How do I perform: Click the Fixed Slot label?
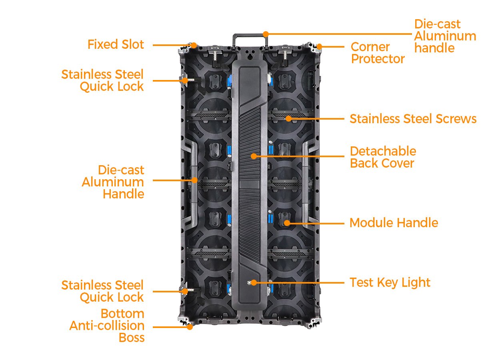(x=116, y=44)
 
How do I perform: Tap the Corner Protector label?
(x=378, y=53)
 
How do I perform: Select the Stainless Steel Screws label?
(x=413, y=119)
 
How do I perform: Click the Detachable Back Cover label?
(x=383, y=157)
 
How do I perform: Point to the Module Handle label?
(x=394, y=223)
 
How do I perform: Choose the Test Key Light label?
(x=390, y=282)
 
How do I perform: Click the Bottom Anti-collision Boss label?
(x=107, y=326)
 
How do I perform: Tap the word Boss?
(x=132, y=338)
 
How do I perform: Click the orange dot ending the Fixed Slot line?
(x=194, y=45)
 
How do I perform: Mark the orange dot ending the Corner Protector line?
(x=319, y=47)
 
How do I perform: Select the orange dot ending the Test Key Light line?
(x=253, y=283)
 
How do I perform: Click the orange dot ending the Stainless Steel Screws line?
(x=288, y=119)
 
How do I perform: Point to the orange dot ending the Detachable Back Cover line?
(x=254, y=156)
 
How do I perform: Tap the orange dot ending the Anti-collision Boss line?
(x=190, y=327)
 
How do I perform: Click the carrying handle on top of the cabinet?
(x=250, y=36)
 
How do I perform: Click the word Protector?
(x=378, y=59)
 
